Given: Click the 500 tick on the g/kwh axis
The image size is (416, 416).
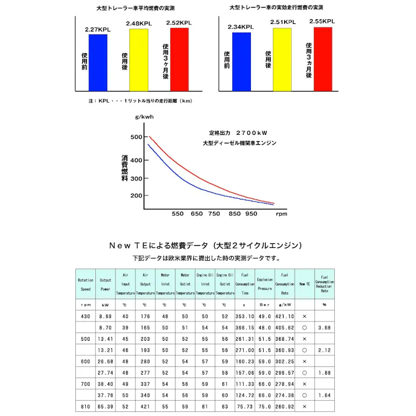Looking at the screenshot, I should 136,137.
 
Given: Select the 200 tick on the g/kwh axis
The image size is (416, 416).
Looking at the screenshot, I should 136,195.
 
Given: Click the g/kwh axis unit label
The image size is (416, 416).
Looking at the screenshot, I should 145,117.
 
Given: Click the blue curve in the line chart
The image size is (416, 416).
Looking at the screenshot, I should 175,174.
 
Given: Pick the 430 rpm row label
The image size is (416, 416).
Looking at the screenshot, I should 86,316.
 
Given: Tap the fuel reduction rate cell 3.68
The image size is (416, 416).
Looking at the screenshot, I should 324,328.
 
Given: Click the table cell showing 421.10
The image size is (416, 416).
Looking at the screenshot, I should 285,316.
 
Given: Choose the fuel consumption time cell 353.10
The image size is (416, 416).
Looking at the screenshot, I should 245,316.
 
